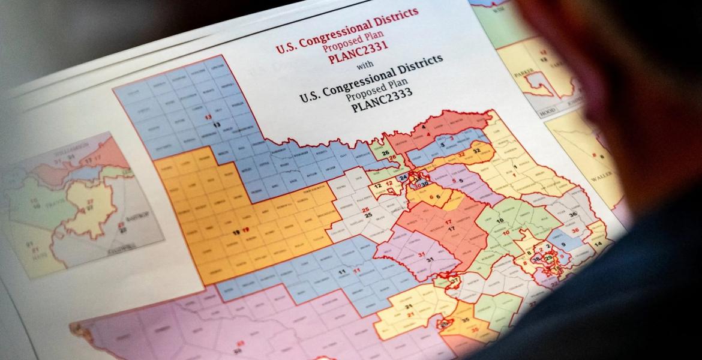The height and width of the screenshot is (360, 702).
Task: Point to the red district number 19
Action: click(246, 230)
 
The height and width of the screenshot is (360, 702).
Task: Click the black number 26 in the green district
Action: click(386, 152)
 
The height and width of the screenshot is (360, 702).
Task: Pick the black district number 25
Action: click(368, 214)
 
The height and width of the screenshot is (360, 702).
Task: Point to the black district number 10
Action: click(500, 221)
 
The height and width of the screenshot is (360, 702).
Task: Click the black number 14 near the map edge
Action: click(598, 244)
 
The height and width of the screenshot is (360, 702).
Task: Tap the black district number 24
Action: click(403, 178)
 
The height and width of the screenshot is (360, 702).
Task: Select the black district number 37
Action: click(455, 280)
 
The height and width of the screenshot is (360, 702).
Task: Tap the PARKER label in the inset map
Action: click(519, 74)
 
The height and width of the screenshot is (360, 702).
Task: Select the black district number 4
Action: click(424, 127)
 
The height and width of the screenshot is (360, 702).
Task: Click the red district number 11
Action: click(357, 271)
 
